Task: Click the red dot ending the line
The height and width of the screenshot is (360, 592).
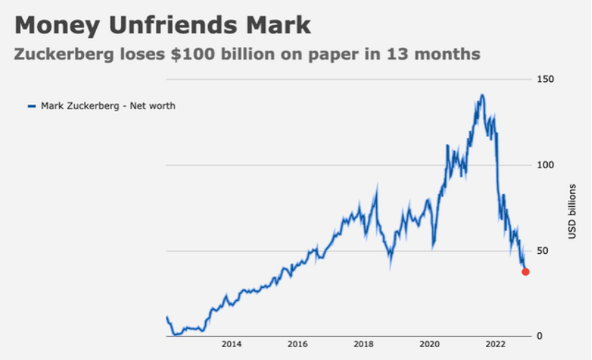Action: pos(526,272)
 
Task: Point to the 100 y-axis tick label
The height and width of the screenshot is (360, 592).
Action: pos(545,165)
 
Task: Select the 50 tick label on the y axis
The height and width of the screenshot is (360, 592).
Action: pos(543,251)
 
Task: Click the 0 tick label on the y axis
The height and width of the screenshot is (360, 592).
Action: pos(540,336)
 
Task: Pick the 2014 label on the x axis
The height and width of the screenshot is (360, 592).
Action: pos(232,344)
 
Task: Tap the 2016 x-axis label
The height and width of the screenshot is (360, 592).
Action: pos(298,344)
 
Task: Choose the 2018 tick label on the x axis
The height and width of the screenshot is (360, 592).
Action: pos(363,344)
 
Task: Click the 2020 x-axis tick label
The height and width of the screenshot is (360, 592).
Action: pos(430,344)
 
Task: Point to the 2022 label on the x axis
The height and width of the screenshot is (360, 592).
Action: pos(496,344)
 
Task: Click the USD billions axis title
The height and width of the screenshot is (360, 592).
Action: pos(572,211)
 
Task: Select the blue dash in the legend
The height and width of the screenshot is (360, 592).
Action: pos(31,106)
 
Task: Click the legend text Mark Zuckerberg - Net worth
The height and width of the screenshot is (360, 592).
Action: pos(108,106)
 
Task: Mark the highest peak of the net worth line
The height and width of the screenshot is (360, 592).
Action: pos(482,95)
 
